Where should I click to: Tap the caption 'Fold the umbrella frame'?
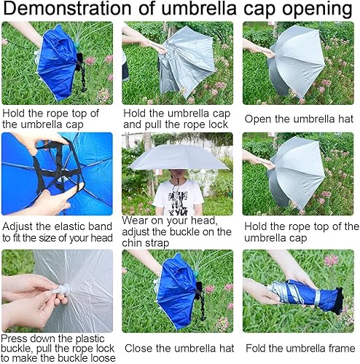[300, 349]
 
